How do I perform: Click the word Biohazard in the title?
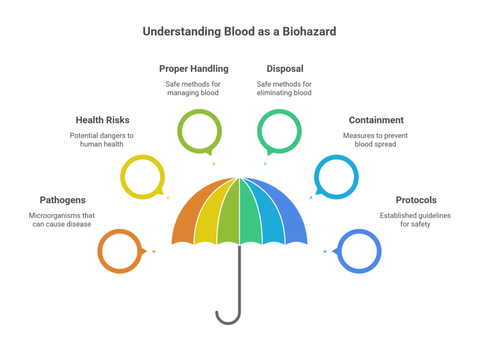coord(309,31)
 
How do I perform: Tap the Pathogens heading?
coord(63,200)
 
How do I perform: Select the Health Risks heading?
coord(102,120)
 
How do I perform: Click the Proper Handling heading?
coord(194,69)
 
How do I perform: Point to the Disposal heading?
coord(285,69)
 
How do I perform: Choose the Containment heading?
coord(377,120)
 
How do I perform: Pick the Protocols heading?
coord(416,200)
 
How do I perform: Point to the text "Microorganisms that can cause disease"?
coord(62,220)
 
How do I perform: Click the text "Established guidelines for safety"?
coord(415,220)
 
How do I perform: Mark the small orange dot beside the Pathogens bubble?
coord(154,251)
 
